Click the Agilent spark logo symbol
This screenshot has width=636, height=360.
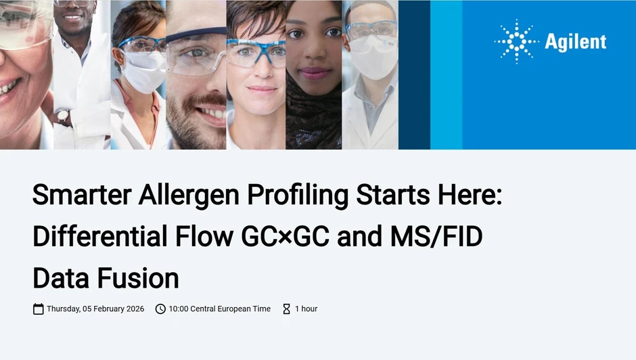pos(516,41)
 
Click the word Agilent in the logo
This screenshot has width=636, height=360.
pos(575,42)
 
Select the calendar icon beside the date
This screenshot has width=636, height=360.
pos(39,309)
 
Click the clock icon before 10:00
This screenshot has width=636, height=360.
pos(160,309)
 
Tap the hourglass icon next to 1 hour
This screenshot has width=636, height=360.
pos(286,309)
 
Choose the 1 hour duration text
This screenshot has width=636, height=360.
pos(306,309)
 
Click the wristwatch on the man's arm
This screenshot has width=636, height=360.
pos(64,117)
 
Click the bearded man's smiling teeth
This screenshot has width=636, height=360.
pos(213,112)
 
